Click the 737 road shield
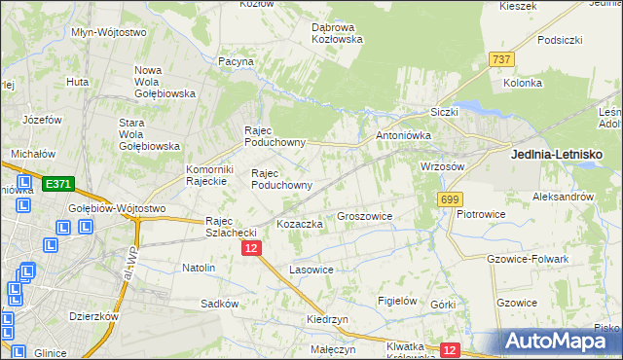pyautogui.click(x=502, y=59)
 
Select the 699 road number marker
pyautogui.click(x=450, y=199)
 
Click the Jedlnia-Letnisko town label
pyautogui.click(x=557, y=155)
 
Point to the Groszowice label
pyautogui.click(x=364, y=216)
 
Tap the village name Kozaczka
pyautogui.click(x=300, y=224)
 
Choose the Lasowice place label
pyautogui.click(x=311, y=269)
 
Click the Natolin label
pyautogui.click(x=199, y=267)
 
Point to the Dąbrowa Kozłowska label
pyautogui.click(x=337, y=33)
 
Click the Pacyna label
pyautogui.click(x=237, y=61)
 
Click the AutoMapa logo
pyautogui.click(x=558, y=341)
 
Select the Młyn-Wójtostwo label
pyautogui.click(x=109, y=32)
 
